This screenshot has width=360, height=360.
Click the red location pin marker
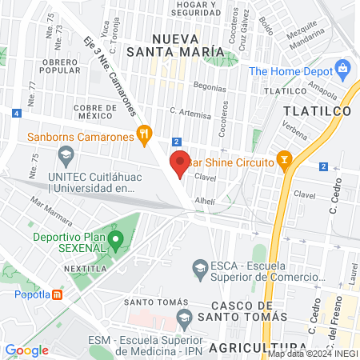click(180, 163)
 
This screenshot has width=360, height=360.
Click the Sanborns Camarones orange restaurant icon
click(144, 134)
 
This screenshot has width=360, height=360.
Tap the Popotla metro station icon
click(58, 294)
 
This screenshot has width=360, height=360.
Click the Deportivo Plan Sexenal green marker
click(116, 238)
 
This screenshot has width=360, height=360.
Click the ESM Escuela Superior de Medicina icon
click(184, 318)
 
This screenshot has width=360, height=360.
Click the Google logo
click(27, 350)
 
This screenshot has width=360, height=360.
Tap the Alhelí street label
click(205, 202)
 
